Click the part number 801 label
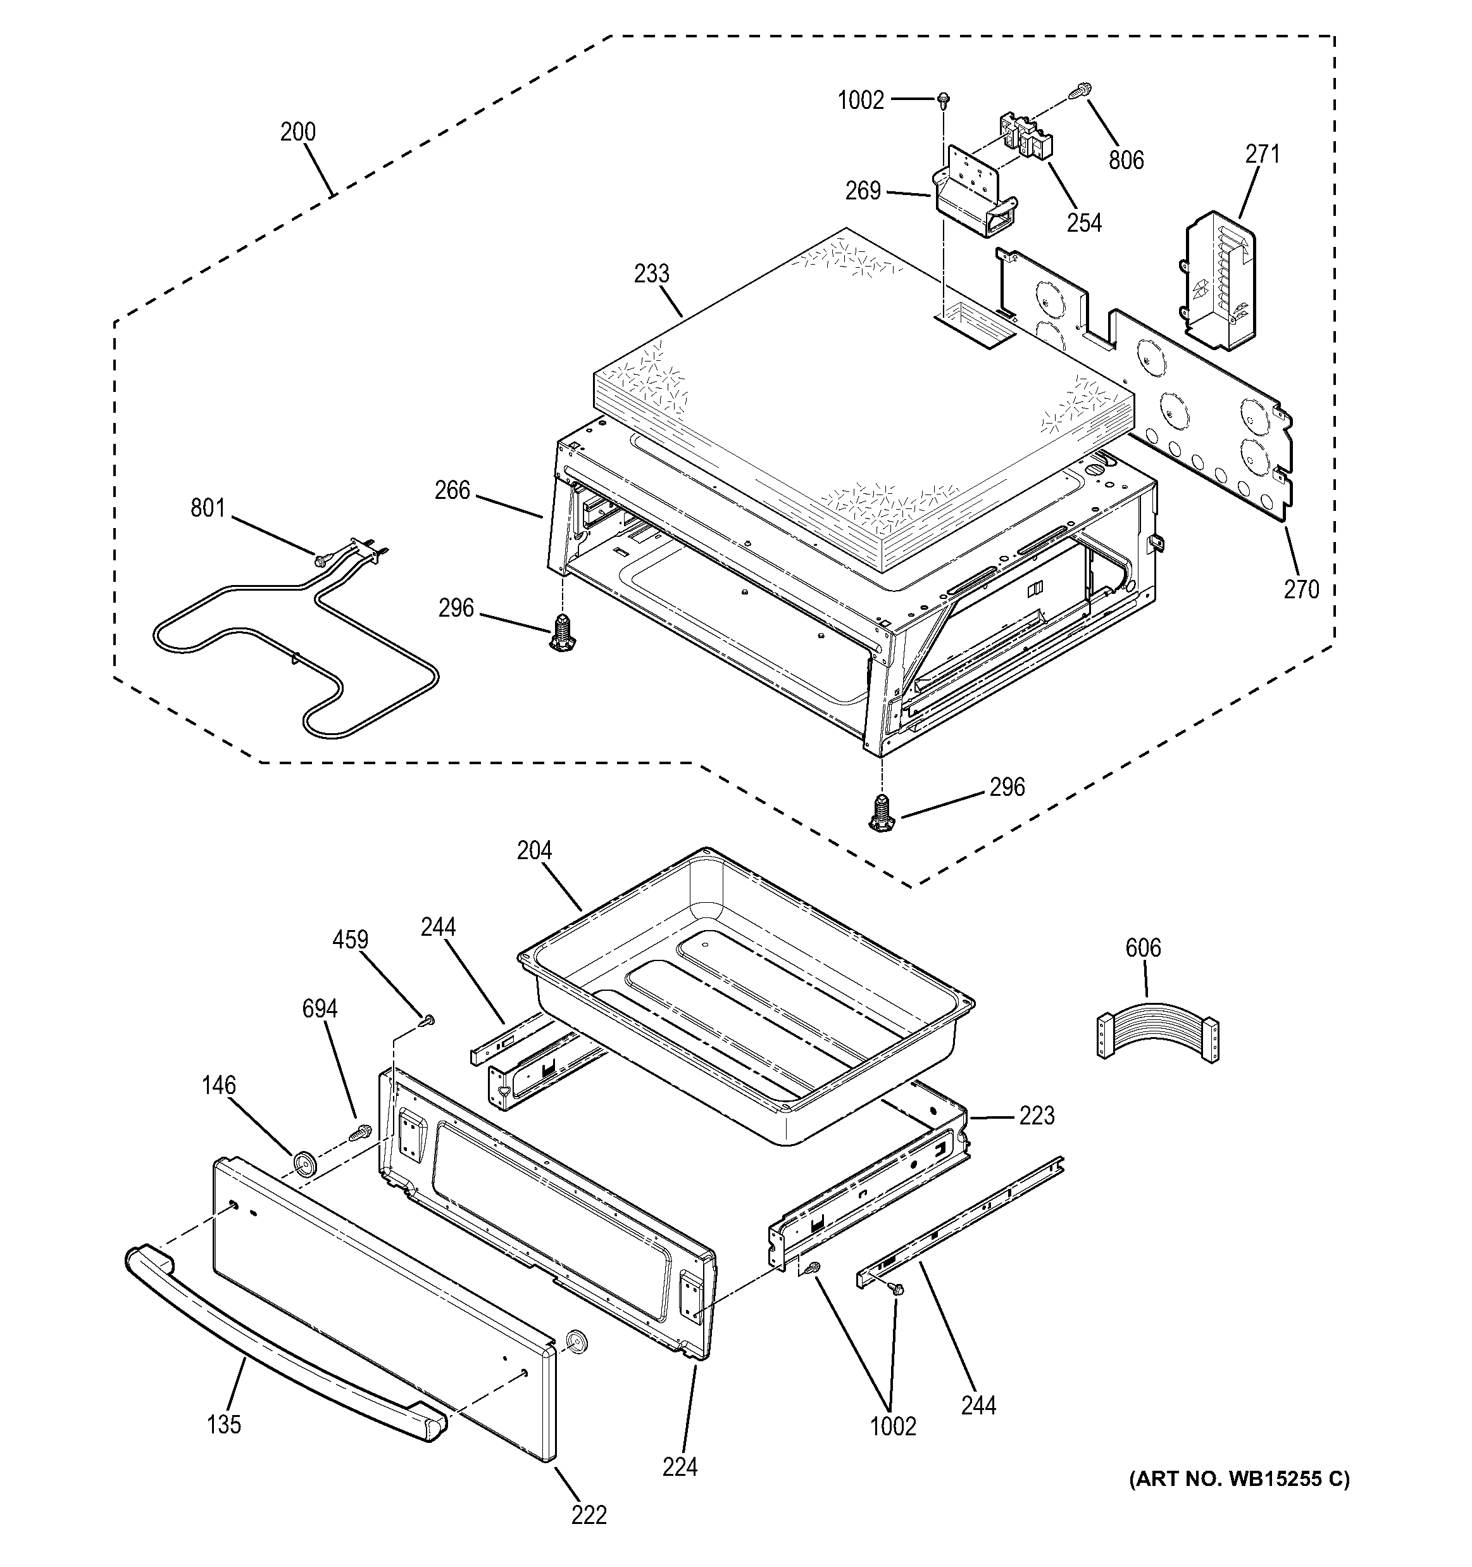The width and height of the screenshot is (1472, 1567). coord(208,508)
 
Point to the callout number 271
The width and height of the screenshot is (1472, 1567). coord(1263,154)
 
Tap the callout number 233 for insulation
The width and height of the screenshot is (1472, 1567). coord(652,274)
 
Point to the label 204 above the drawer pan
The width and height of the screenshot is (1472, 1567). coord(534,852)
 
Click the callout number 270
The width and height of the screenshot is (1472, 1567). coord(1301,589)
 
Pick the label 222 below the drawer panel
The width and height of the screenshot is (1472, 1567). coord(589,1515)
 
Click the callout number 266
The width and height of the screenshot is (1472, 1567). coord(452,491)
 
